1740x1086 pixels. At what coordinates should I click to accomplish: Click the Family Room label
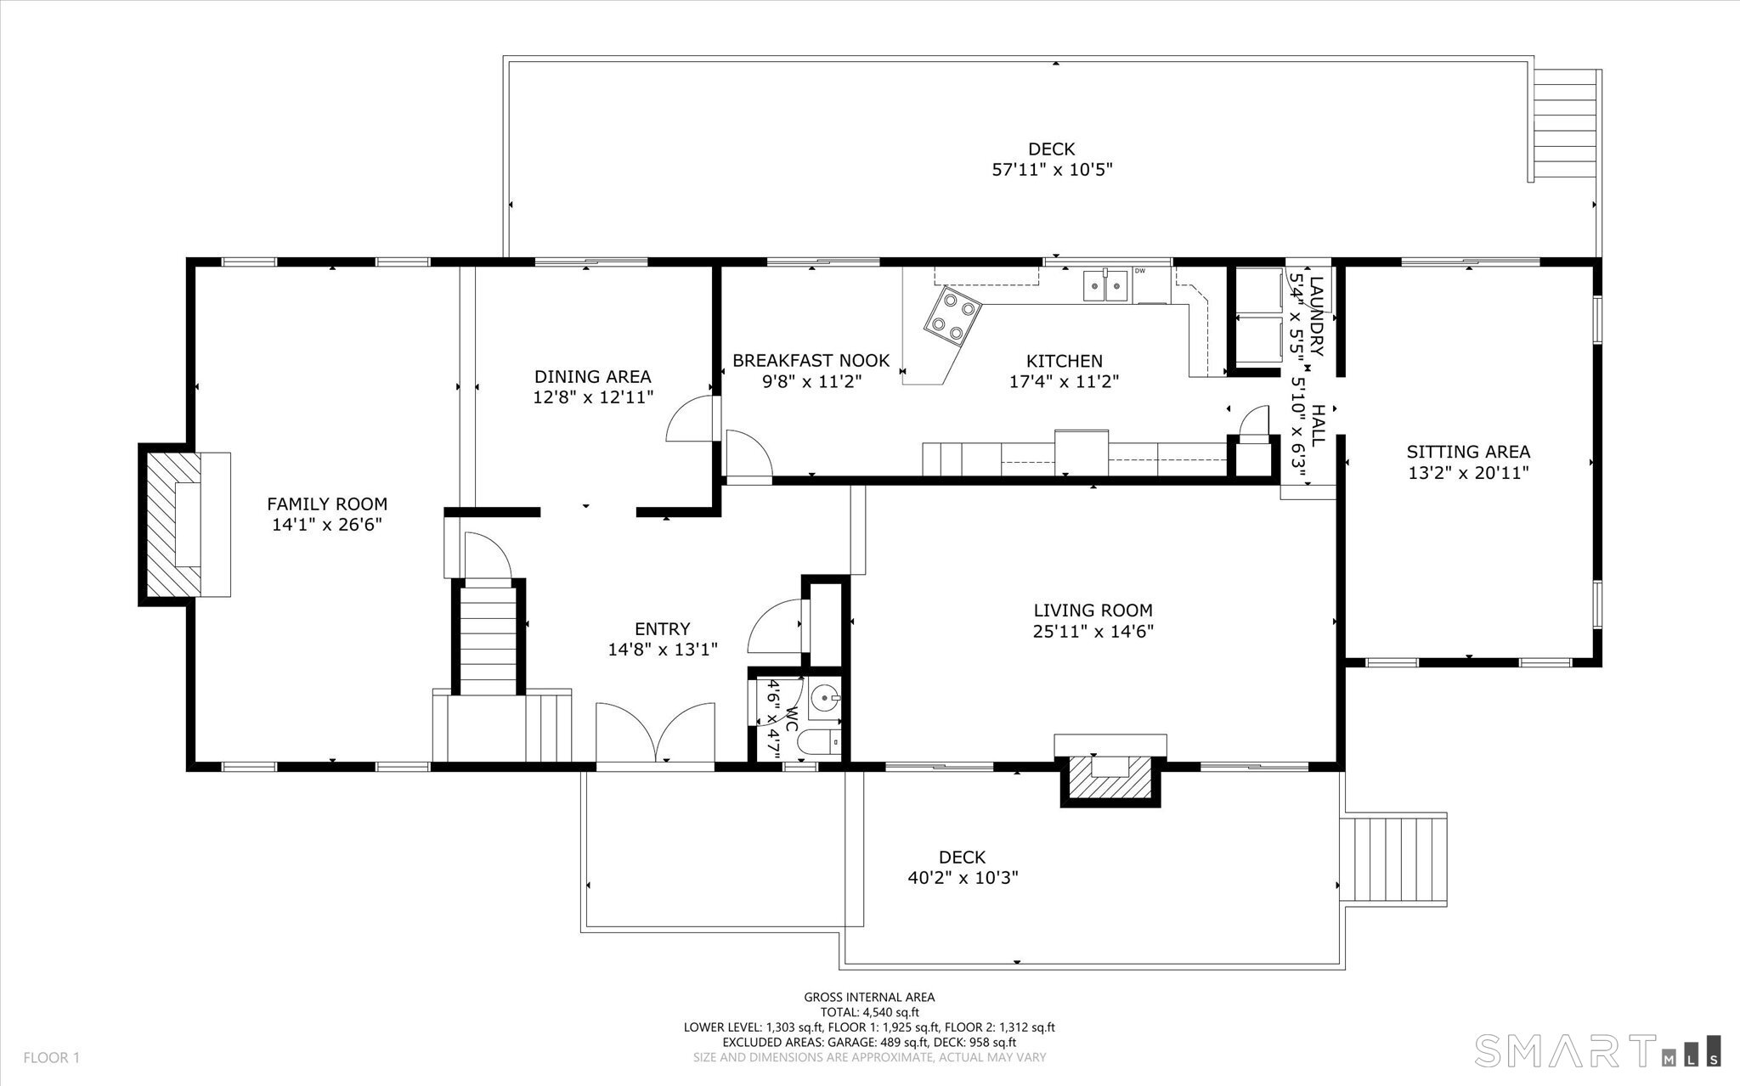(x=327, y=504)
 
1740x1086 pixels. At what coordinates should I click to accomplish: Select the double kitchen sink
(x=1106, y=286)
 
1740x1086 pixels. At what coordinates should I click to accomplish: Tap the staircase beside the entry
(x=489, y=637)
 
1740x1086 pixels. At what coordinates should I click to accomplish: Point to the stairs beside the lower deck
(x=1393, y=860)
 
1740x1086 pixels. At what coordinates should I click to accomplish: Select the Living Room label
(x=1093, y=610)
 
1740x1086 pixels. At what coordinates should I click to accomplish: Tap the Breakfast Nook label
(x=811, y=361)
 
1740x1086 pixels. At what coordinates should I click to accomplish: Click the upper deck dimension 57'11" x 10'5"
(x=1053, y=170)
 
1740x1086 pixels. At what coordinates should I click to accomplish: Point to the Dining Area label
(x=593, y=376)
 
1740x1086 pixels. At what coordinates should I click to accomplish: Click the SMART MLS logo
(x=1598, y=1049)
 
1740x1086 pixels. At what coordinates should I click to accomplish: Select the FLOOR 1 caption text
(x=51, y=1058)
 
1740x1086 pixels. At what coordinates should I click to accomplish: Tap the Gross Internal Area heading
(x=869, y=998)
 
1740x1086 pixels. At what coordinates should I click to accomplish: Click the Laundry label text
(x=1316, y=316)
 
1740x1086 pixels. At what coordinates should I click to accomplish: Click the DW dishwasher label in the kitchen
(x=1139, y=271)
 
